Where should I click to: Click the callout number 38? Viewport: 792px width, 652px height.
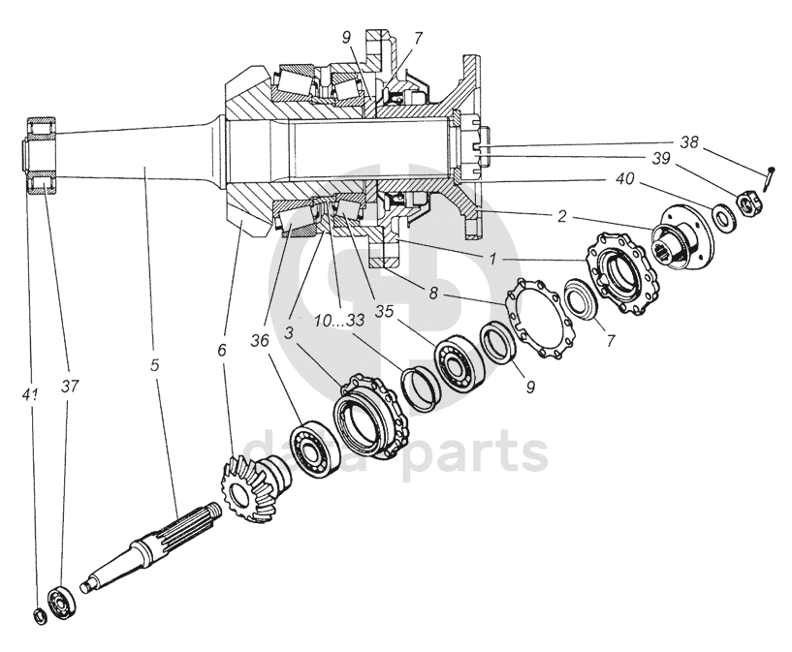point(688,141)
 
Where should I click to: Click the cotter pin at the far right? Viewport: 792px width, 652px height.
point(770,177)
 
